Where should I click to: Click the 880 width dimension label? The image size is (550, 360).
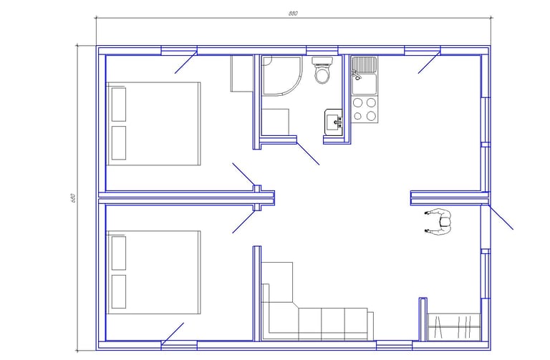[x=293, y=14]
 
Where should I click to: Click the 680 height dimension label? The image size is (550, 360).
[x=73, y=198]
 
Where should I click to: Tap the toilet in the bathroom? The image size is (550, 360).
[x=322, y=70]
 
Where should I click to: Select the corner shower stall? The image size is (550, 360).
[x=281, y=76]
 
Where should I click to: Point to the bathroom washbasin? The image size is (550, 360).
[x=334, y=122]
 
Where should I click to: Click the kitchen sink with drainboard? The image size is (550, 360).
[x=365, y=75]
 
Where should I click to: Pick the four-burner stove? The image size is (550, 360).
[x=365, y=109]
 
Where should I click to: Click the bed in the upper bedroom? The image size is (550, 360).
[x=153, y=124]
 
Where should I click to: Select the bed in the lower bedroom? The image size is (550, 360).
[x=153, y=273]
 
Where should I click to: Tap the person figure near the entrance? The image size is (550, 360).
[x=438, y=221]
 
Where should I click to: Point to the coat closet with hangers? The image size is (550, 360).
[x=454, y=326]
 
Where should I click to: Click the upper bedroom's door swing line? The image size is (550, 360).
[x=243, y=174]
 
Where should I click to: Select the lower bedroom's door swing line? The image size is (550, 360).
[x=243, y=222]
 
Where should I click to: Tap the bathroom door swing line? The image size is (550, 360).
[x=308, y=154]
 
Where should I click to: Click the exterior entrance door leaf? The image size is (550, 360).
[x=501, y=217]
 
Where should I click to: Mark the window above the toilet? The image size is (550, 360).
[x=322, y=50]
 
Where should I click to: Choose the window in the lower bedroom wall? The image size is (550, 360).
[x=179, y=345]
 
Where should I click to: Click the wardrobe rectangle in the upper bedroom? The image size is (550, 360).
[x=241, y=73]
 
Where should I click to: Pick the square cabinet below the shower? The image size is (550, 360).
[x=275, y=122]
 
